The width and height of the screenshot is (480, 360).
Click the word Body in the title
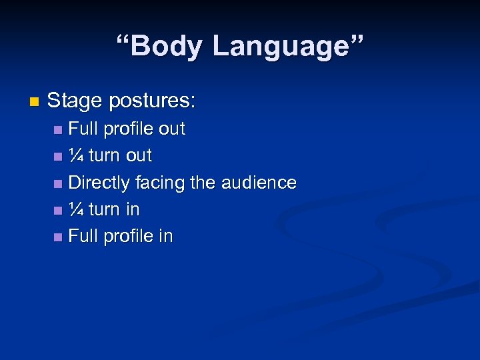167,47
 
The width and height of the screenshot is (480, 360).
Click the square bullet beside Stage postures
35,102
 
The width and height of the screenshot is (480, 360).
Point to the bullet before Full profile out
59,129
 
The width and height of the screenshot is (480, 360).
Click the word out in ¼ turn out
139,155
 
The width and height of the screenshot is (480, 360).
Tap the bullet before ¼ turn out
59,157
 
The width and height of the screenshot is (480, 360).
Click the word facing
159,183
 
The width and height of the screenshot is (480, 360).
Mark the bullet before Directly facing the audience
59,183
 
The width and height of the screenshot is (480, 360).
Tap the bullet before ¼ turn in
59,211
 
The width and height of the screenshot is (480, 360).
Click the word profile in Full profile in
128,236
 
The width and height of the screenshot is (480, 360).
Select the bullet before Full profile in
59,237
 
